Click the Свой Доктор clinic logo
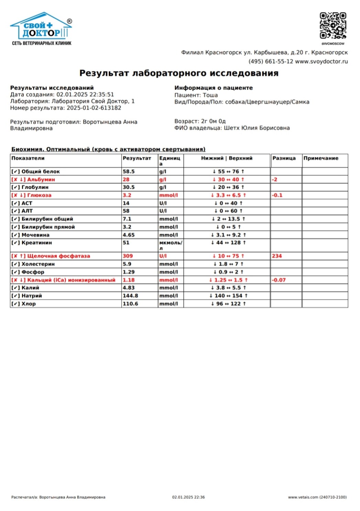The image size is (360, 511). click(x=42, y=29)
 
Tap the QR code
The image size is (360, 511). click(x=333, y=26)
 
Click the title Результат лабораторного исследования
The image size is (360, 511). click(x=179, y=73)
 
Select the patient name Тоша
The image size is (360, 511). click(x=210, y=95)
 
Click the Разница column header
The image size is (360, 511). click(x=284, y=158)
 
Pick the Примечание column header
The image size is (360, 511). click(x=320, y=158)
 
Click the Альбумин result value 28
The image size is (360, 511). click(x=126, y=179)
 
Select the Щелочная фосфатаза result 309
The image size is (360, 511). click(x=128, y=256)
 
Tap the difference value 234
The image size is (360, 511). click(x=277, y=256)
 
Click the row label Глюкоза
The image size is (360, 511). click(x=39, y=195)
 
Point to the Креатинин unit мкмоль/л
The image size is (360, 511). click(x=171, y=245)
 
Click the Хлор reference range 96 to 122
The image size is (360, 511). click(x=228, y=304)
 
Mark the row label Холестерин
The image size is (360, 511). click(x=38, y=264)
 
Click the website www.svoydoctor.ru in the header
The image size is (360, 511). click(x=321, y=62)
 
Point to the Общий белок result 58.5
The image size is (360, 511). click(x=129, y=171)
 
